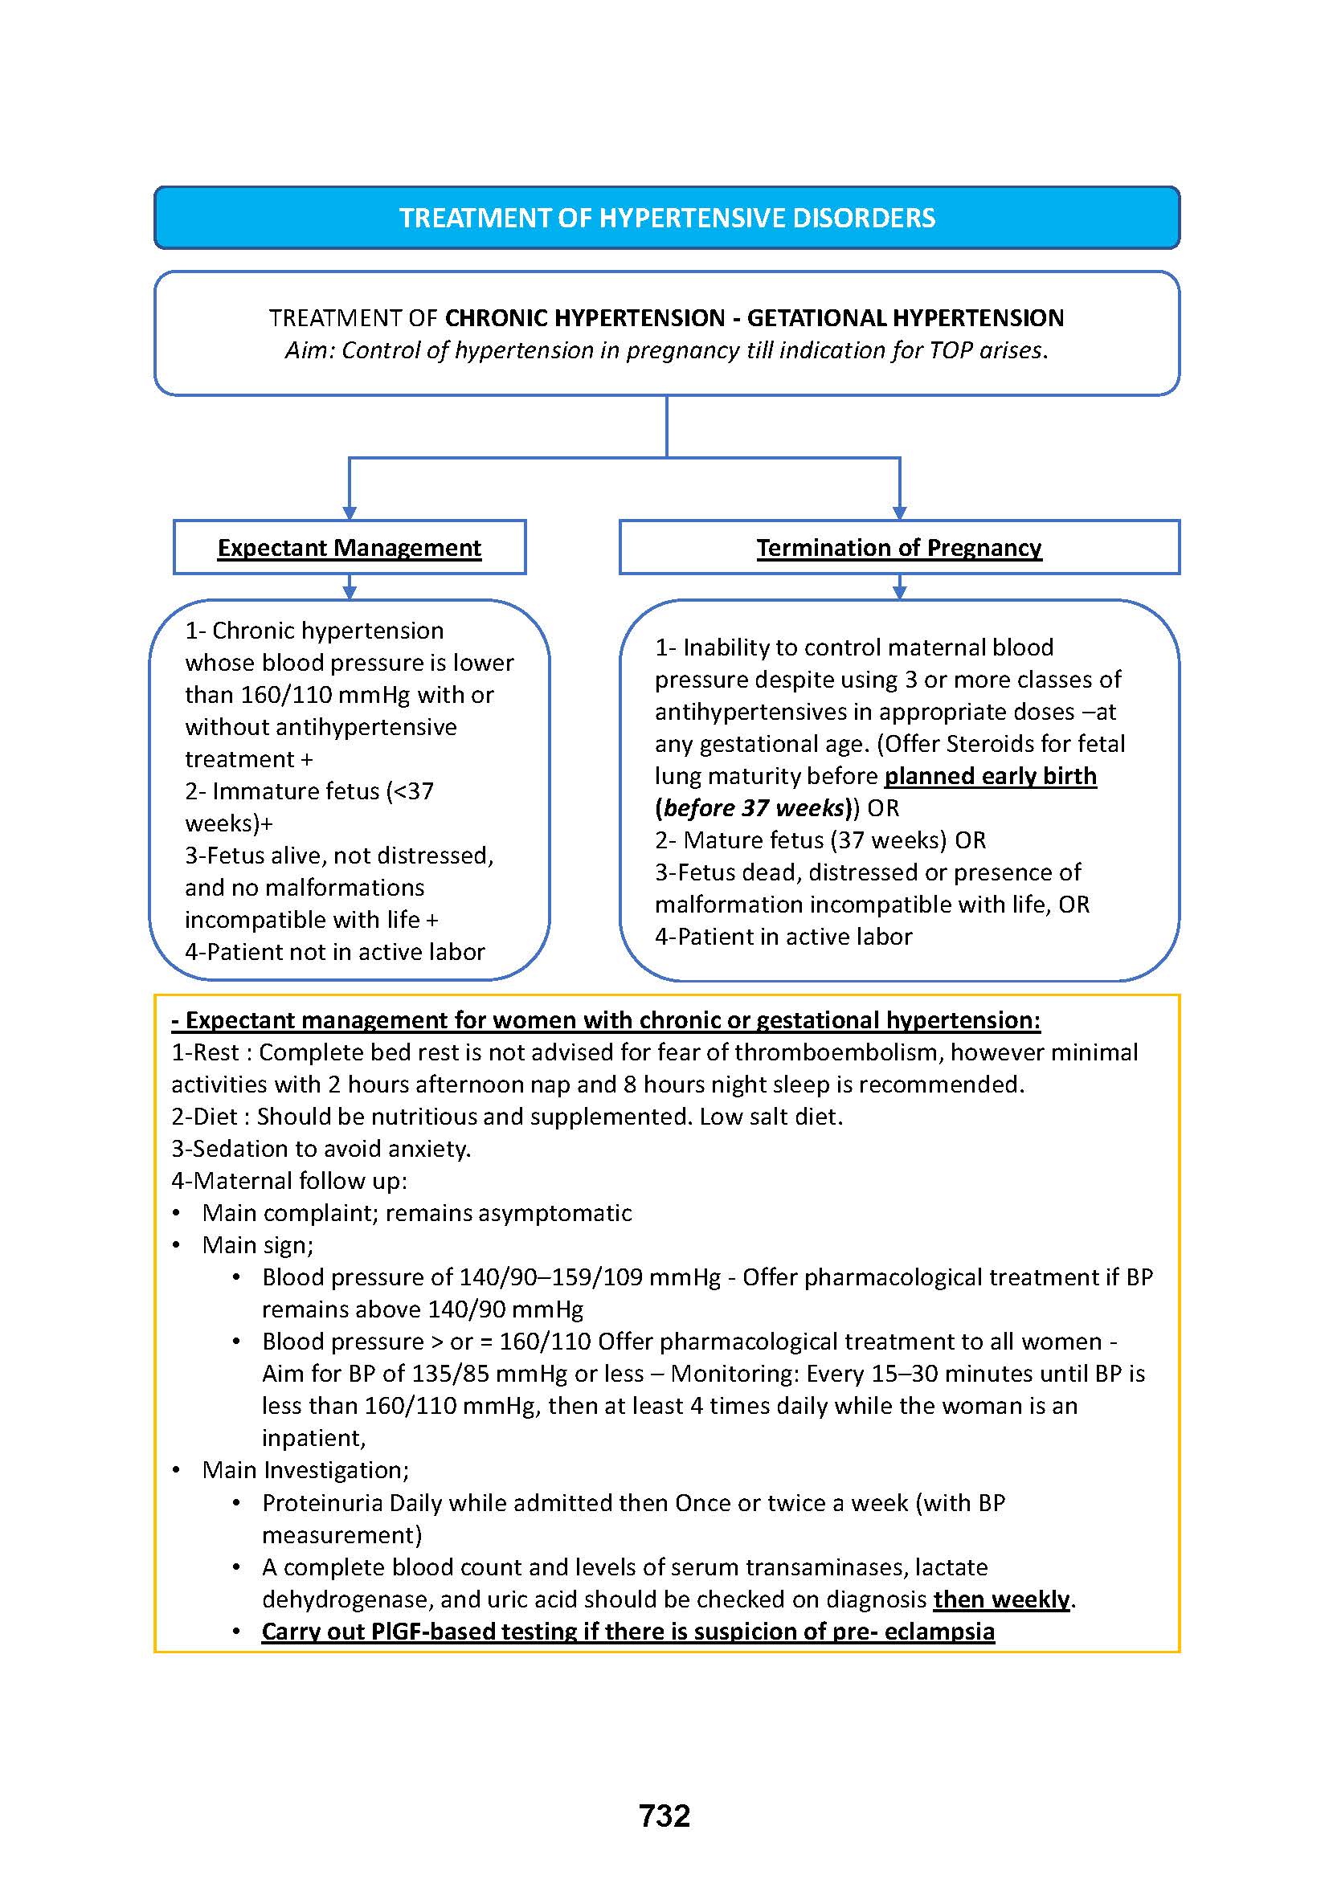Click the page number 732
pyautogui.click(x=664, y=1816)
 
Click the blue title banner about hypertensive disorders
pyautogui.click(x=666, y=218)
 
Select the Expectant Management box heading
pyautogui.click(x=350, y=548)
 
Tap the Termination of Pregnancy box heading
pyautogui.click(x=898, y=548)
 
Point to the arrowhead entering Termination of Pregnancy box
pyautogui.click(x=899, y=513)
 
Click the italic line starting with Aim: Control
pyautogui.click(x=666, y=350)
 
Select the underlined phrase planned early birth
pyautogui.click(x=990, y=776)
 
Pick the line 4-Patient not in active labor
pyautogui.click(x=335, y=952)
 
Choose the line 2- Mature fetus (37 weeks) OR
pyautogui.click(x=820, y=839)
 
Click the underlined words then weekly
pyautogui.click(x=1002, y=1599)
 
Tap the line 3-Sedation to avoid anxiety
pyautogui.click(x=321, y=1148)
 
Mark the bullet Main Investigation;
pyautogui.click(x=305, y=1470)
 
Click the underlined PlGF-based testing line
pyautogui.click(x=628, y=1631)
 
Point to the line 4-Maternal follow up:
pyautogui.click(x=289, y=1180)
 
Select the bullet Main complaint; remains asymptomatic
pyautogui.click(x=416, y=1212)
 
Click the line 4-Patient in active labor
pyautogui.click(x=783, y=936)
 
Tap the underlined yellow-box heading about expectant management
pyautogui.click(x=606, y=1019)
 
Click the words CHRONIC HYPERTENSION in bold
pyautogui.click(x=584, y=317)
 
